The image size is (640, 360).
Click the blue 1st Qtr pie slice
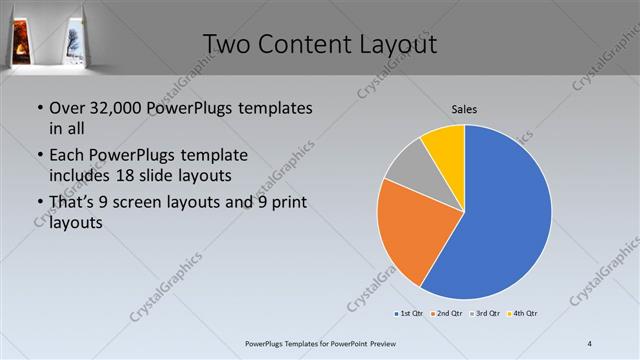point(505,215)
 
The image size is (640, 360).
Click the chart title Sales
point(463,107)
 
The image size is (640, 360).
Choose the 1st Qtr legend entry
point(411,314)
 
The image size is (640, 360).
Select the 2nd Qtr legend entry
point(450,314)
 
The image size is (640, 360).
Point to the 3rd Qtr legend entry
point(488,314)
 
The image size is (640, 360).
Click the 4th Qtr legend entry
point(526,314)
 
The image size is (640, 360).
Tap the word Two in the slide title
point(227,44)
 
